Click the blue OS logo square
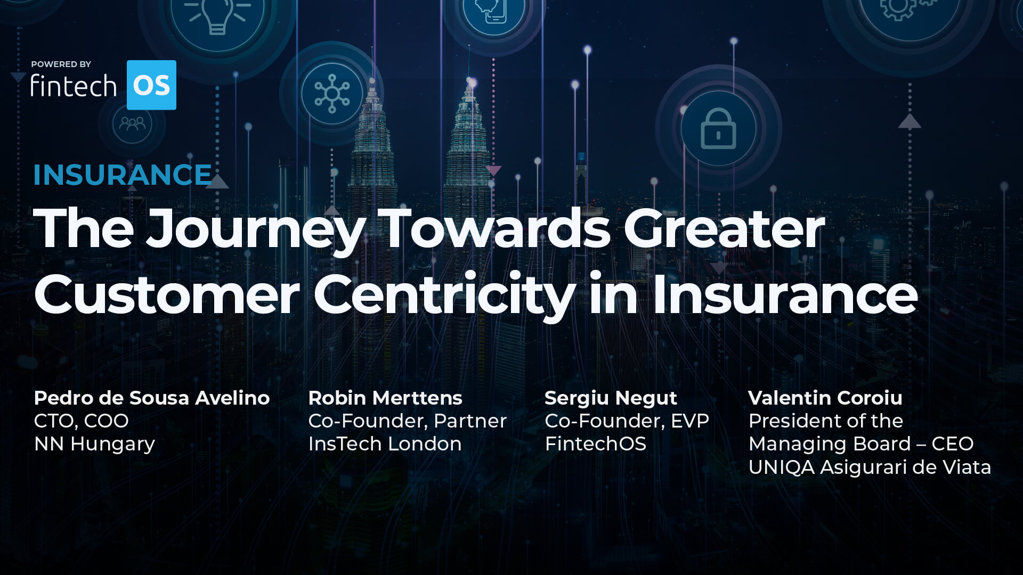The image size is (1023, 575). click(151, 85)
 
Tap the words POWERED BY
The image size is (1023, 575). click(61, 64)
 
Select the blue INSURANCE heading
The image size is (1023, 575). click(123, 175)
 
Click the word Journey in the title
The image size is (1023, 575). click(256, 229)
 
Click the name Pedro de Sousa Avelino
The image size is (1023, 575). click(152, 398)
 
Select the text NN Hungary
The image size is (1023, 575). click(94, 443)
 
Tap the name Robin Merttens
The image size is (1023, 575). click(385, 398)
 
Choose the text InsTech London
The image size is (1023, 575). click(385, 443)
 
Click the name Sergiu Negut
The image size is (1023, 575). click(611, 398)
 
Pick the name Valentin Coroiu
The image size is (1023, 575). click(825, 398)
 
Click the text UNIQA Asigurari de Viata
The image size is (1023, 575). click(870, 467)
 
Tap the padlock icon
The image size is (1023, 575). click(718, 129)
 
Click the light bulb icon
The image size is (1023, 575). click(217, 16)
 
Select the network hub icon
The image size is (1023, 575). click(332, 94)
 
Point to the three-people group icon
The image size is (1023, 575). click(132, 124)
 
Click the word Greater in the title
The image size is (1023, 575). click(724, 229)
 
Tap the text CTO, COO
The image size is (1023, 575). click(81, 421)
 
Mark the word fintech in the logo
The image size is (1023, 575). click(74, 86)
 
